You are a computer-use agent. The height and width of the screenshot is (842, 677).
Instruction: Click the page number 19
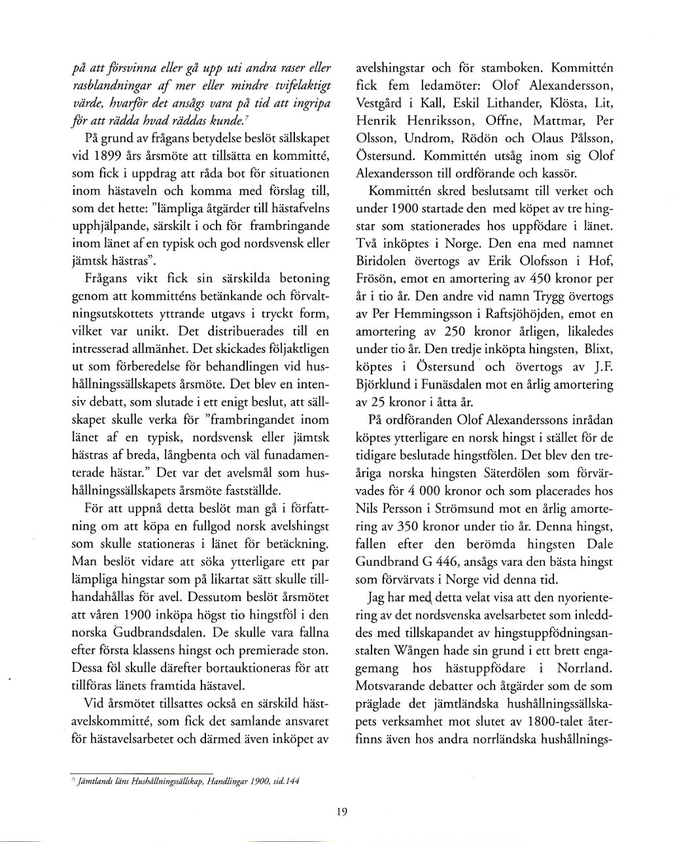(341, 812)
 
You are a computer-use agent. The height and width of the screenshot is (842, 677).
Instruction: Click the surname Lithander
(511, 103)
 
